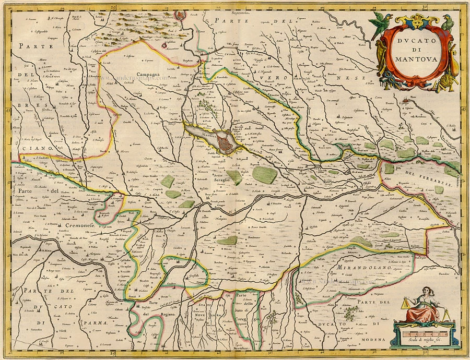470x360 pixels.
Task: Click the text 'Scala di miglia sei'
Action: pyautogui.click(x=425, y=340)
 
